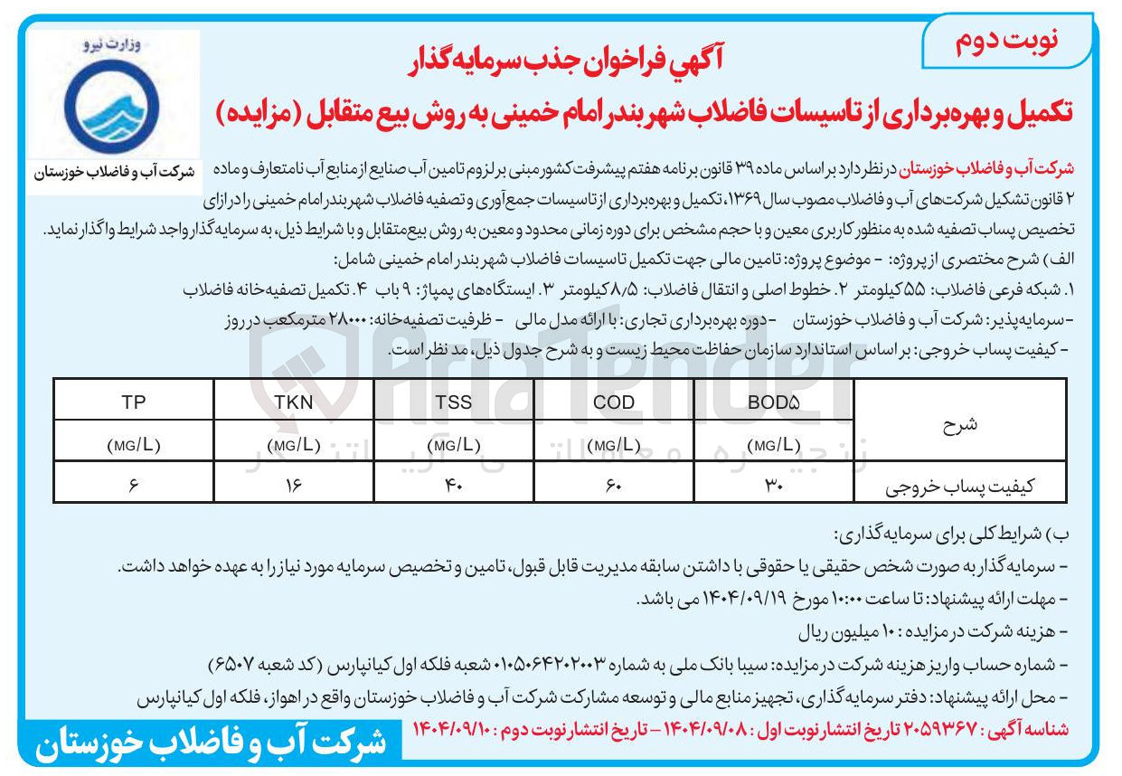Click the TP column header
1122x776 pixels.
pyautogui.click(x=133, y=402)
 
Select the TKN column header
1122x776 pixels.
pyautogui.click(x=294, y=402)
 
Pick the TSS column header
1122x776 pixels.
pyautogui.click(x=454, y=402)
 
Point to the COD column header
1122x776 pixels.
pyautogui.click(x=614, y=402)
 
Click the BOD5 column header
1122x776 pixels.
pyautogui.click(x=775, y=402)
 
